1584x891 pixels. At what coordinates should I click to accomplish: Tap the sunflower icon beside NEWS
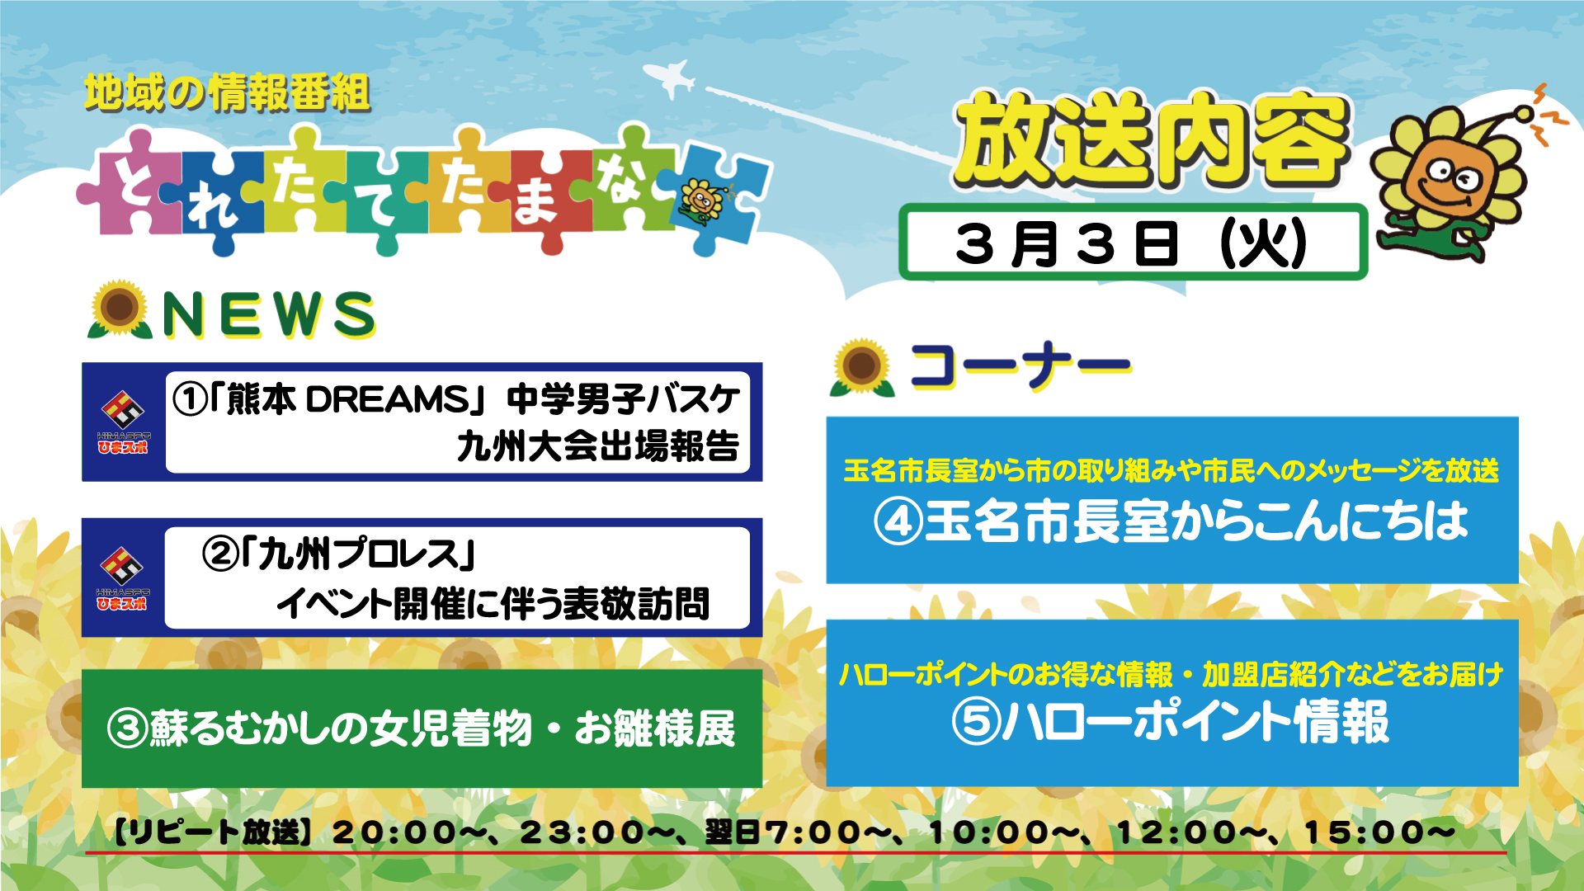tap(120, 309)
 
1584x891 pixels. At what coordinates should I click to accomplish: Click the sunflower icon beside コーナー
tap(862, 367)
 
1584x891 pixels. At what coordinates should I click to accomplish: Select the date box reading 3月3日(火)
tap(1133, 242)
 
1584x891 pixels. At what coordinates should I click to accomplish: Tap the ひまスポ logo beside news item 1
tap(122, 422)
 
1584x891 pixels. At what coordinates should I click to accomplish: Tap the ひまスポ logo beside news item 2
tap(122, 578)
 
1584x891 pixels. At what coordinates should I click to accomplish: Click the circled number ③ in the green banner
tap(128, 728)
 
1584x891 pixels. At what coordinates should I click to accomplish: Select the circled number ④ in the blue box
tap(898, 522)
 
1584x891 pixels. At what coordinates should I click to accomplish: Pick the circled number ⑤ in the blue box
tap(976, 721)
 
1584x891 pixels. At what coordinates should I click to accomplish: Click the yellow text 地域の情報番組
tap(227, 92)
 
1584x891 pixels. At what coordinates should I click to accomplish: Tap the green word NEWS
tap(269, 314)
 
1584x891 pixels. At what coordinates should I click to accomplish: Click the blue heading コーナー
tap(1020, 365)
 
